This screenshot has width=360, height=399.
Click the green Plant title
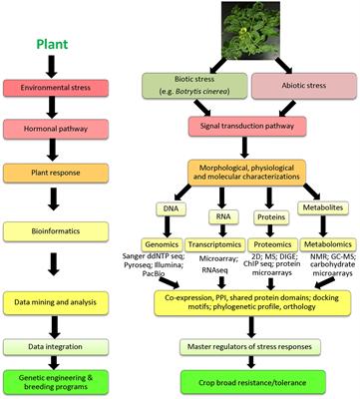pyautogui.click(x=52, y=45)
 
